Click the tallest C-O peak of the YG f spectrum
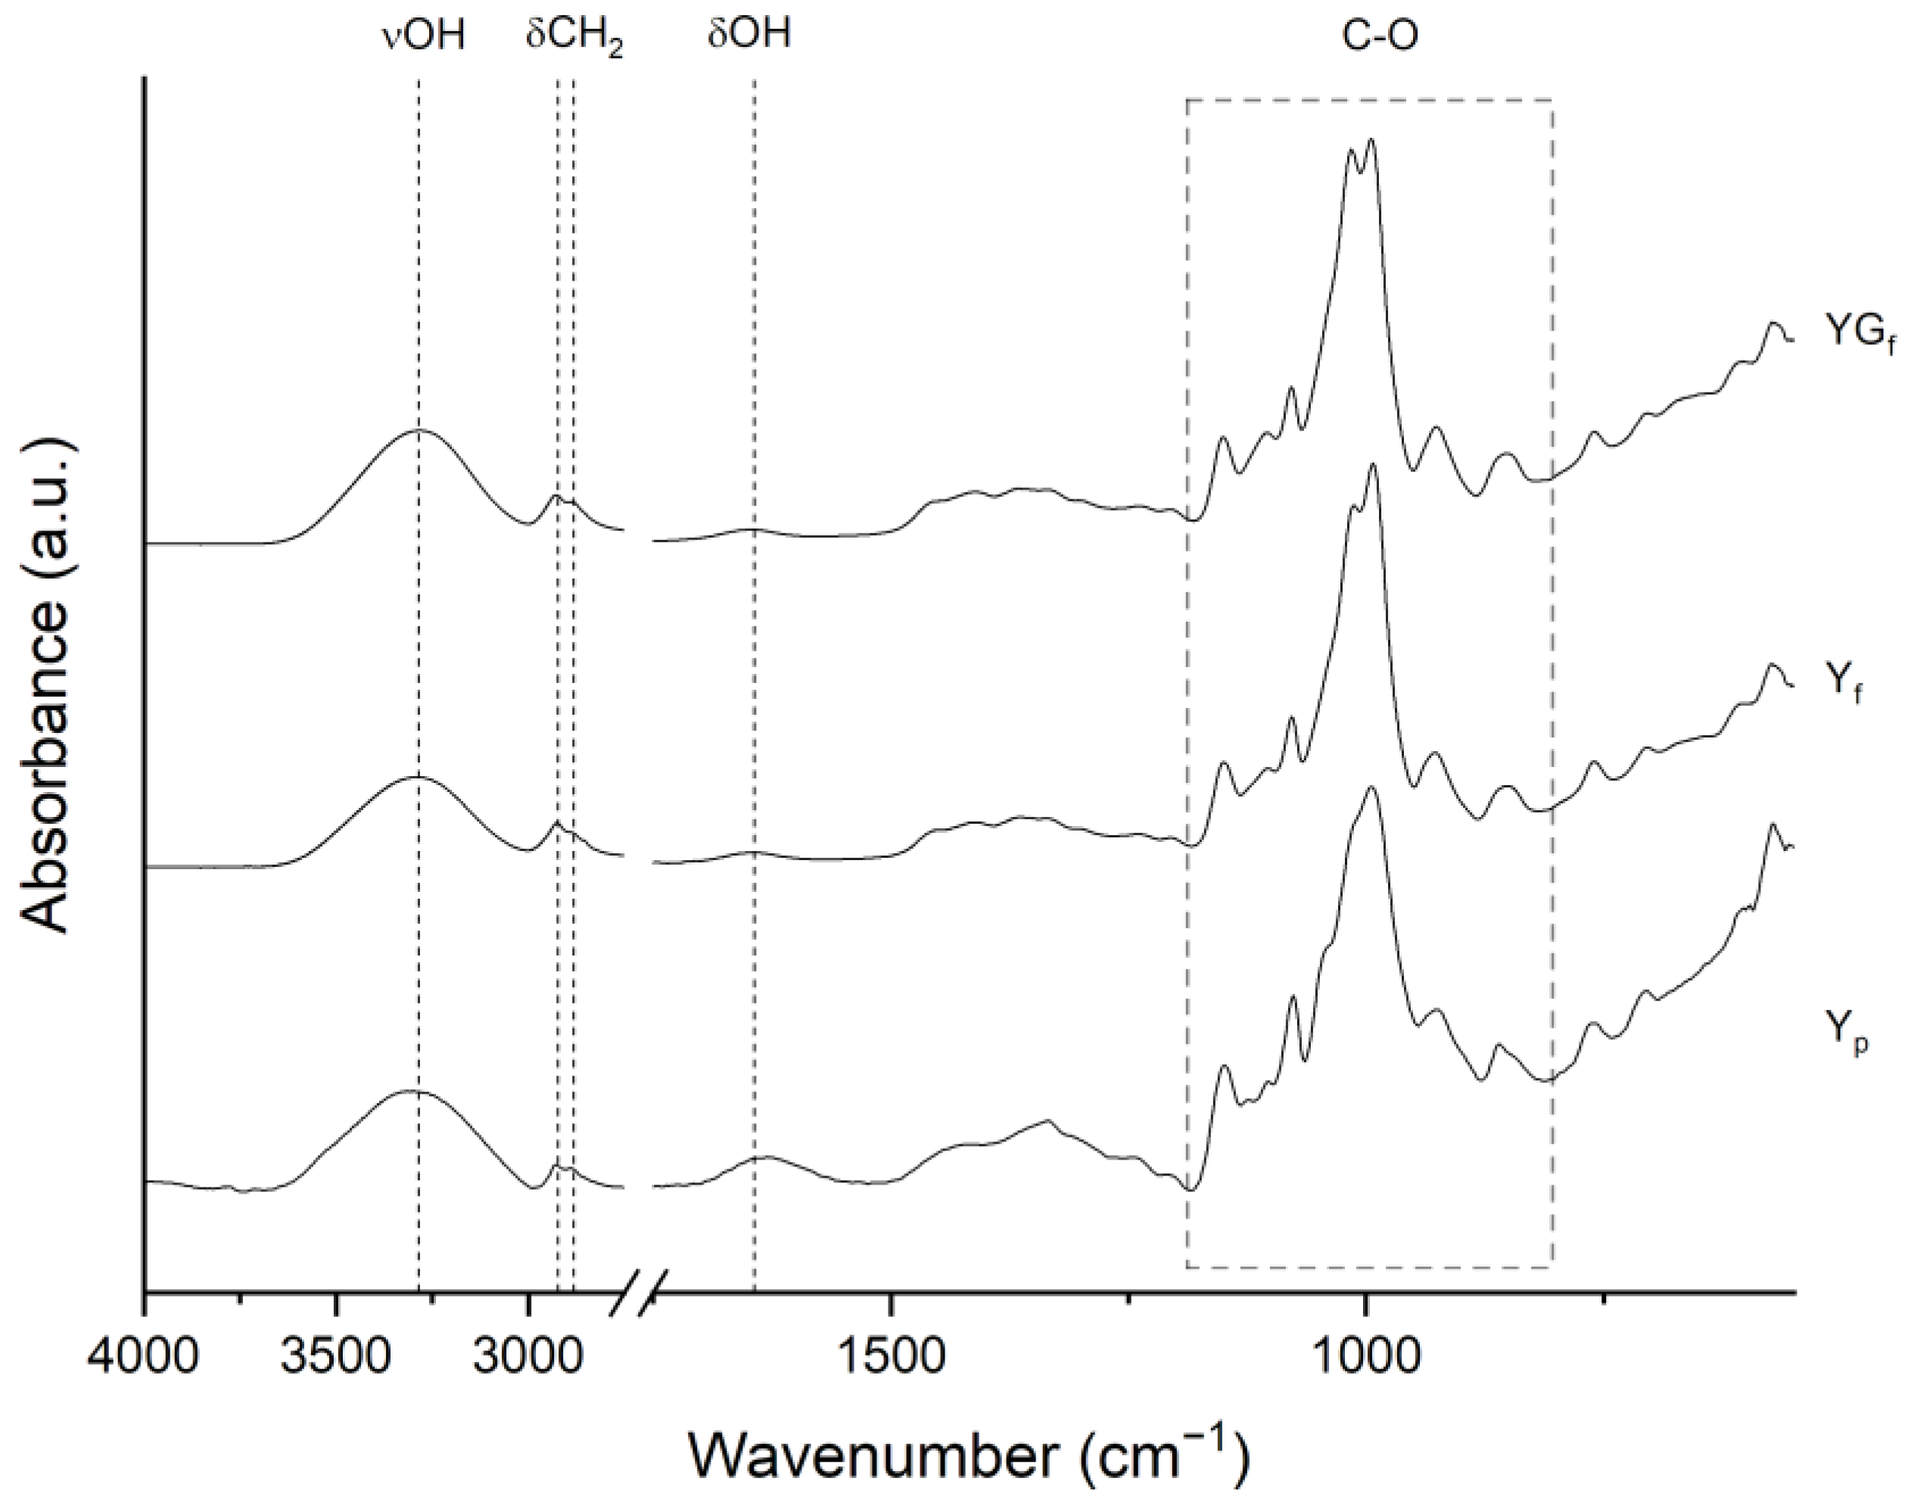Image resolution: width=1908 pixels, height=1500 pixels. click(x=1371, y=140)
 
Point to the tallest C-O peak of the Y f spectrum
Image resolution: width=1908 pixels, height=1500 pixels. click(x=1373, y=464)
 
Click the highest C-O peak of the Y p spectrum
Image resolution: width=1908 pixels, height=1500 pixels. click(x=1371, y=787)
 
